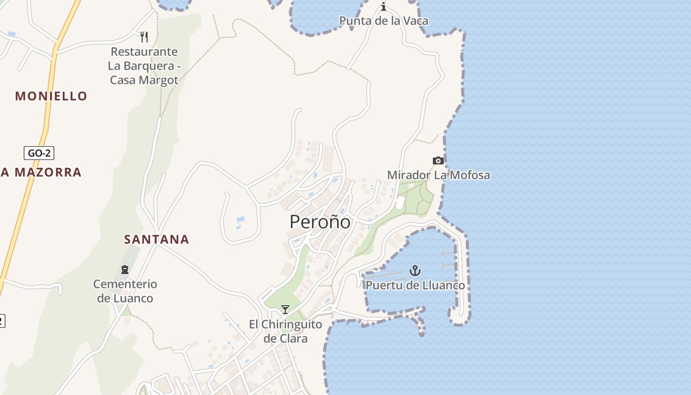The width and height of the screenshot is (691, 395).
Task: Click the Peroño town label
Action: tap(320, 222)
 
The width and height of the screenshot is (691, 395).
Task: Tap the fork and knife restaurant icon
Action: tap(144, 37)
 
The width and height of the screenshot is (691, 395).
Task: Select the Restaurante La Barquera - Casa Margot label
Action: tap(144, 66)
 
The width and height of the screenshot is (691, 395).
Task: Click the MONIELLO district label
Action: tap(51, 96)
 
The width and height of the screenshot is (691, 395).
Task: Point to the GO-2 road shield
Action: tap(39, 153)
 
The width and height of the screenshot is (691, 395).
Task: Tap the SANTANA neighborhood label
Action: tap(156, 239)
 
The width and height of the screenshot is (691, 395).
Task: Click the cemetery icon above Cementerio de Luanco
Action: tap(125, 270)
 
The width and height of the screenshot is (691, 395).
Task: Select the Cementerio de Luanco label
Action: tap(125, 291)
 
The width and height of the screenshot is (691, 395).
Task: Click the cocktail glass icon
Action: tap(285, 310)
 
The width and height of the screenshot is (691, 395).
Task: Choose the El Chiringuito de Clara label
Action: tap(285, 331)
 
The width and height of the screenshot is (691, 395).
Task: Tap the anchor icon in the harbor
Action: tap(415, 271)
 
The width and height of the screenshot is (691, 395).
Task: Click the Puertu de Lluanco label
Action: tap(415, 285)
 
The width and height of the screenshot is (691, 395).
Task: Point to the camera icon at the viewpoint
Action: tap(438, 160)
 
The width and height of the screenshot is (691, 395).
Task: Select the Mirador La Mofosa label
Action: tap(438, 175)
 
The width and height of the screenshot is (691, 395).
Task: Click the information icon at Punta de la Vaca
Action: tap(384, 6)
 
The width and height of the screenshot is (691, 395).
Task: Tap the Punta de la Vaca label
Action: tap(384, 21)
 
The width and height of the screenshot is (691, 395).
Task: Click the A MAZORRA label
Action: tap(41, 172)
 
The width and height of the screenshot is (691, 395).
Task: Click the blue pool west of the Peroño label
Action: tap(240, 219)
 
